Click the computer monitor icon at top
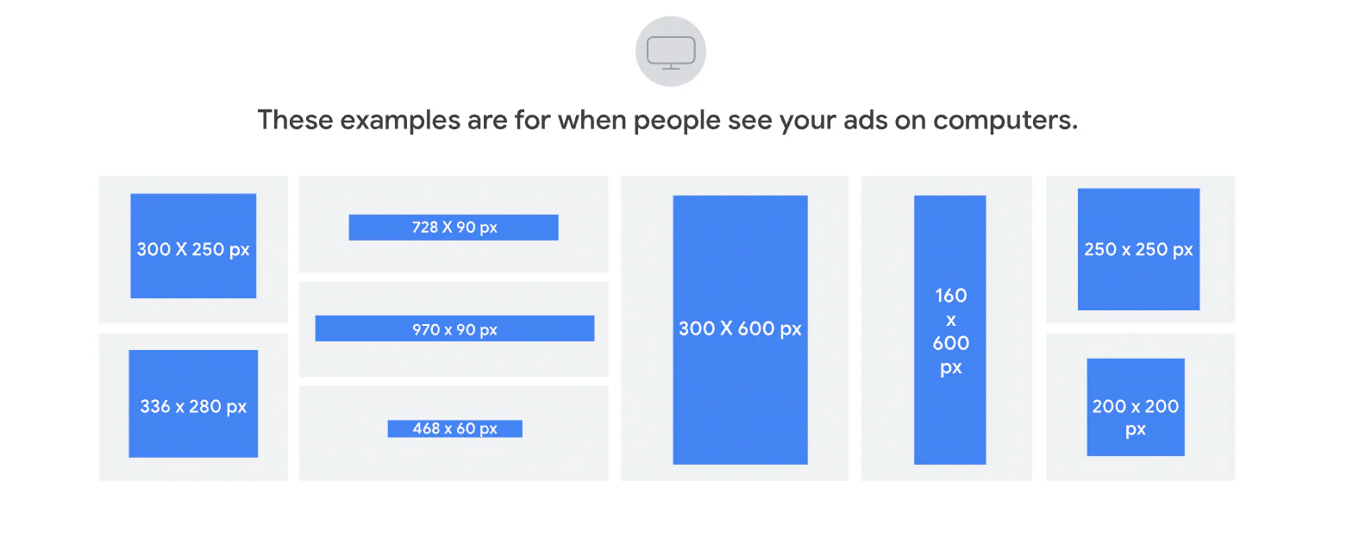click(671, 52)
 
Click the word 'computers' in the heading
click(1004, 120)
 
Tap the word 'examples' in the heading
click(400, 120)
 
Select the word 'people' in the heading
click(677, 121)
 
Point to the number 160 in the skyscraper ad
click(950, 296)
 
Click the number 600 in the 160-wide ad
click(950, 343)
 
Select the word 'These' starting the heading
click(295, 120)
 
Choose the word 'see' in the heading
click(750, 120)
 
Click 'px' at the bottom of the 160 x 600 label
click(950, 368)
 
